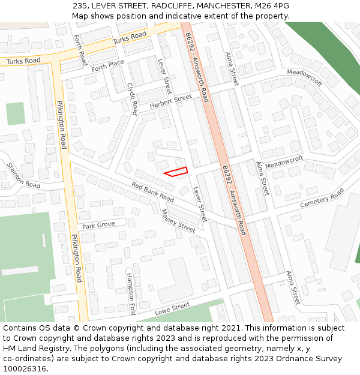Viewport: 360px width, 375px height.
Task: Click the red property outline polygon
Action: point(176,172)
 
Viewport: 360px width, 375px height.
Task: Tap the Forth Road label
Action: point(80,50)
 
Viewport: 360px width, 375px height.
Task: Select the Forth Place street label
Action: point(107,65)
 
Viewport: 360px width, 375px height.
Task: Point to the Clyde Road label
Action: point(133,98)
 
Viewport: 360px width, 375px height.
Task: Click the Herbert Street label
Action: point(170,101)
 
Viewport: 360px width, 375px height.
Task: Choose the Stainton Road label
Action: point(23,175)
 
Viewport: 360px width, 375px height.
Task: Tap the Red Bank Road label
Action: point(152,191)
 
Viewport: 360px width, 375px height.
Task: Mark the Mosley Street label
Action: point(178,221)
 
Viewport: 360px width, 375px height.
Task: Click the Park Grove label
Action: point(98,226)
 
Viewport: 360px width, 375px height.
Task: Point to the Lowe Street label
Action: point(172,309)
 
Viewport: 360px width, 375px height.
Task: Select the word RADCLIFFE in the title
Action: point(164,5)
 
